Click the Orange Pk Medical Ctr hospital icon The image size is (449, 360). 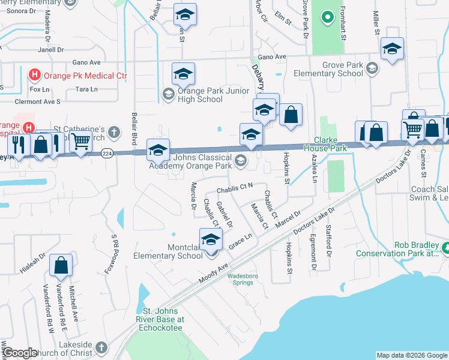[35, 76]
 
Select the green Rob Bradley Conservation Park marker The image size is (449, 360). [445, 247]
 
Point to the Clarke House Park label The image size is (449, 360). [325, 144]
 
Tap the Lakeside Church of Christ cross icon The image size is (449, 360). [101, 347]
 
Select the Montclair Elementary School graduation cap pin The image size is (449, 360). [211, 239]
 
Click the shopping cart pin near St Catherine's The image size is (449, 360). [80, 142]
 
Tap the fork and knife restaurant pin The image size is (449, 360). [17, 145]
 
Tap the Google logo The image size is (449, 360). [19, 353]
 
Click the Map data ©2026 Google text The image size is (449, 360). [411, 355]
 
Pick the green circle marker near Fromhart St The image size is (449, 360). [327, 17]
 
